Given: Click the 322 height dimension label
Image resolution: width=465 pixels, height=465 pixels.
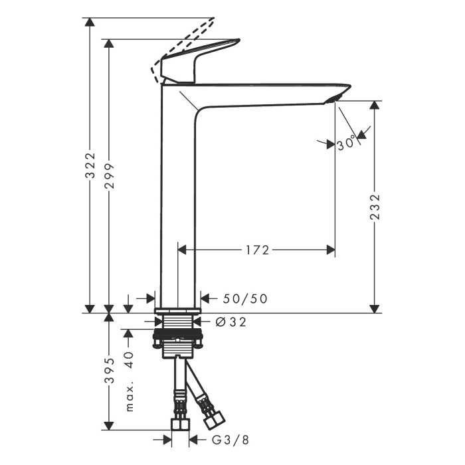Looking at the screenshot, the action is [90, 165].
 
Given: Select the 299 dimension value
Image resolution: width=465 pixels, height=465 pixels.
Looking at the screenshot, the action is [110, 176].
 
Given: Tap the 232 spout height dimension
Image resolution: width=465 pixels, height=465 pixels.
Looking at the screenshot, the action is [375, 207].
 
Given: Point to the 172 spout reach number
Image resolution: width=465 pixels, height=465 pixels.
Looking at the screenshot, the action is [258, 250].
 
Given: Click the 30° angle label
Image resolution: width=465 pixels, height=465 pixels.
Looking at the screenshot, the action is [346, 143].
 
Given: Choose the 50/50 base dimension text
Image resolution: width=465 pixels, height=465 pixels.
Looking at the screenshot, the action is [245, 299].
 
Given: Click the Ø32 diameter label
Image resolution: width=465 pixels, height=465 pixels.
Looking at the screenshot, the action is [231, 322].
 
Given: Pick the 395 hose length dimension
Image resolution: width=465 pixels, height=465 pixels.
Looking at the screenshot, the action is [110, 371].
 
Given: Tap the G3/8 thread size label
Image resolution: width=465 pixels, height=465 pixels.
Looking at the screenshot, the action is [231, 440].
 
